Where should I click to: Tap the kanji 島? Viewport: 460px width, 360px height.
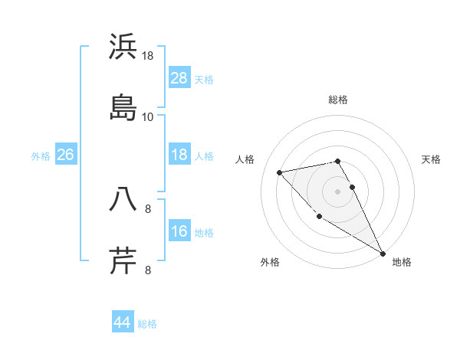click(x=123, y=107)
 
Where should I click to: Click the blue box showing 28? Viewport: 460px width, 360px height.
click(x=179, y=78)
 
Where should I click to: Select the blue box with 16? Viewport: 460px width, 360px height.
click(x=179, y=231)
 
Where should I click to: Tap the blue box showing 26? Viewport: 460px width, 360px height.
click(x=66, y=155)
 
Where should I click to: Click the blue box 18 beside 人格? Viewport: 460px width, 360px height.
click(x=179, y=155)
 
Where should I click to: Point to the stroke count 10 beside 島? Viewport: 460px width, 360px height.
click(x=147, y=117)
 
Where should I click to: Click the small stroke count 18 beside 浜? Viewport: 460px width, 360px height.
click(x=147, y=56)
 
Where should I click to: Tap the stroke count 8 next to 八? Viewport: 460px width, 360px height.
click(x=148, y=208)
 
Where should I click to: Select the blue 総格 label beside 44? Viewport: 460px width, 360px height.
click(x=147, y=324)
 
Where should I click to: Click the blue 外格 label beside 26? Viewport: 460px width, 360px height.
click(x=41, y=156)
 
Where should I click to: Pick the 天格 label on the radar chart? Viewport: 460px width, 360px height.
click(x=431, y=159)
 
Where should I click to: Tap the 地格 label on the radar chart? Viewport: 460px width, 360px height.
click(x=402, y=262)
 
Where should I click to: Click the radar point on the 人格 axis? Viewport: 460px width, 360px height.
click(x=280, y=172)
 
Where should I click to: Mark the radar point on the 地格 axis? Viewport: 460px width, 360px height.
click(x=383, y=254)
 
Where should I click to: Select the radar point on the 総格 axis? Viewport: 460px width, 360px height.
click(x=337, y=161)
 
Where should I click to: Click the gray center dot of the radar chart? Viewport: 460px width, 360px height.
click(x=337, y=191)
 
